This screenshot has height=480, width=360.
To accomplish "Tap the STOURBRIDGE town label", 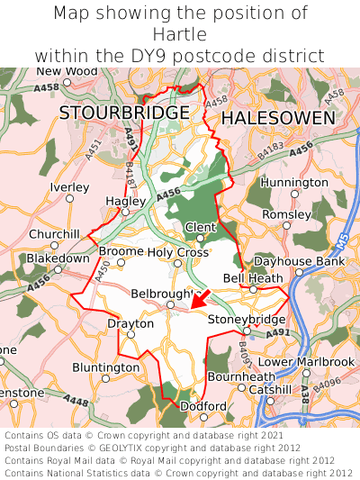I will coord(124,113).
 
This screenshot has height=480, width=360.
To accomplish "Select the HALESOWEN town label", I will coord(278,118).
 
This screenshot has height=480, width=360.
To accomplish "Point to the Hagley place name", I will coord(125,201).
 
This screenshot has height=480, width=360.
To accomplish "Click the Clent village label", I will coord(200,226).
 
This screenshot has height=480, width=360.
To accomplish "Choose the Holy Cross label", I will coord(178,252).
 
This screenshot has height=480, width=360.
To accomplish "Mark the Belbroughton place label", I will coord(165,294).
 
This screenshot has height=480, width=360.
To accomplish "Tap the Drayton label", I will coord(125,322).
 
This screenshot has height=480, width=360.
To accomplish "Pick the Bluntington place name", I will coord(106,367).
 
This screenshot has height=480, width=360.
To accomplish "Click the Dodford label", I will coord(203,406).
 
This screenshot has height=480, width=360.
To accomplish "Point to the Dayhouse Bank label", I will coord(299,261).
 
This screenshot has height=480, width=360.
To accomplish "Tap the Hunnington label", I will coord(294,183).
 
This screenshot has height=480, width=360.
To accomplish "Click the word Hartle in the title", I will coord(180,34).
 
